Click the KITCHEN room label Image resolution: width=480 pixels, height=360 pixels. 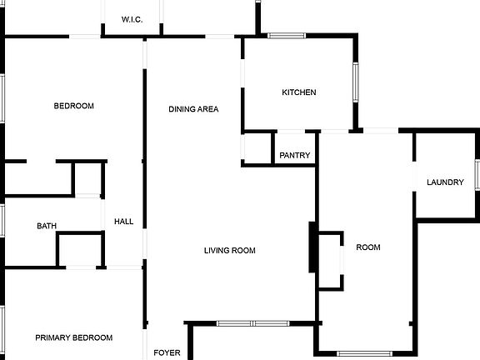tap(299, 92)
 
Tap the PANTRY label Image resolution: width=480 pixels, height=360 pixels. tap(295, 155)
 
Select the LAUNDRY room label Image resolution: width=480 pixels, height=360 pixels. tap(445, 182)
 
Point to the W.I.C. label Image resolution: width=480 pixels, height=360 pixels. tap(132, 20)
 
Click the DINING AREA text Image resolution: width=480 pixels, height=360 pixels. tap(193, 109)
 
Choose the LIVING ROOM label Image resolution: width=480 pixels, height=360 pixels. tap(230, 250)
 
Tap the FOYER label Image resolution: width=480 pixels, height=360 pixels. tap(167, 352)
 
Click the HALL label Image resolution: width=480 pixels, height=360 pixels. tap(123, 222)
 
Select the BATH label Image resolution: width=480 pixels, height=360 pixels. tap(47, 226)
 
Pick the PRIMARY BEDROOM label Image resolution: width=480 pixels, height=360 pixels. tap(74, 337)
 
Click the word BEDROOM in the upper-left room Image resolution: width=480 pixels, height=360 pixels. tap(74, 106)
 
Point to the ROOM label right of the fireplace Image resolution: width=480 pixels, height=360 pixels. tap(368, 247)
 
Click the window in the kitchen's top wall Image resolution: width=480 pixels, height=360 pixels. tap(287, 36)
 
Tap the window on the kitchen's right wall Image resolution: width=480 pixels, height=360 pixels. tap(355, 82)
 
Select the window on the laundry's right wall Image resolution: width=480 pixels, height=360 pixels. tap(477, 174)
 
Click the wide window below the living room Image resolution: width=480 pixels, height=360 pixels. tap(252, 323)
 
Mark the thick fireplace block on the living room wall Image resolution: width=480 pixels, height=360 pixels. tap(312, 247)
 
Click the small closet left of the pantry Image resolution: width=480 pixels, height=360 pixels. tap(257, 149)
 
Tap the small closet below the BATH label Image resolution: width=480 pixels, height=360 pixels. tap(80, 250)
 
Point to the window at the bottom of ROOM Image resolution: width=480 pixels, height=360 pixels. tap(365, 354)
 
